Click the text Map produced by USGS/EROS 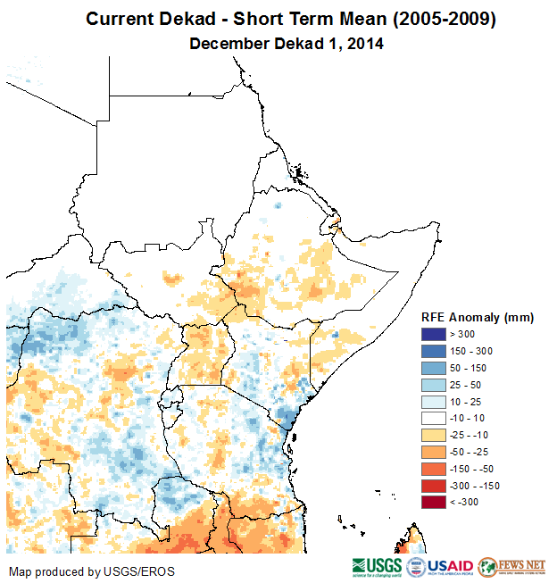click(92, 571)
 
